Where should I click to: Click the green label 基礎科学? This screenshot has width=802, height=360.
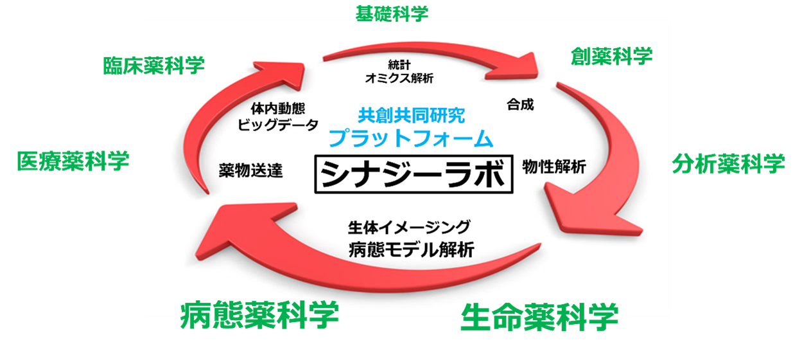pyautogui.click(x=391, y=14)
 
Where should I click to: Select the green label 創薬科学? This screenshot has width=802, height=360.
pyautogui.click(x=611, y=57)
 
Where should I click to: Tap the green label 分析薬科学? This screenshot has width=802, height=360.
pyautogui.click(x=728, y=163)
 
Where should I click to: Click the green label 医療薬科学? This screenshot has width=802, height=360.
pyautogui.click(x=73, y=161)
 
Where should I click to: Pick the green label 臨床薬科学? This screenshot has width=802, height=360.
pyautogui.click(x=153, y=65)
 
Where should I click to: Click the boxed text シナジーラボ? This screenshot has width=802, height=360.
pyautogui.click(x=414, y=173)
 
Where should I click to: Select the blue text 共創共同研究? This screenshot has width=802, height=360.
pyautogui.click(x=411, y=116)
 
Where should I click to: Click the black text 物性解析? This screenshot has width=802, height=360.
pyautogui.click(x=554, y=166)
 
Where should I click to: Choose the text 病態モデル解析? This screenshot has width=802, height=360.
pyautogui.click(x=411, y=249)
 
